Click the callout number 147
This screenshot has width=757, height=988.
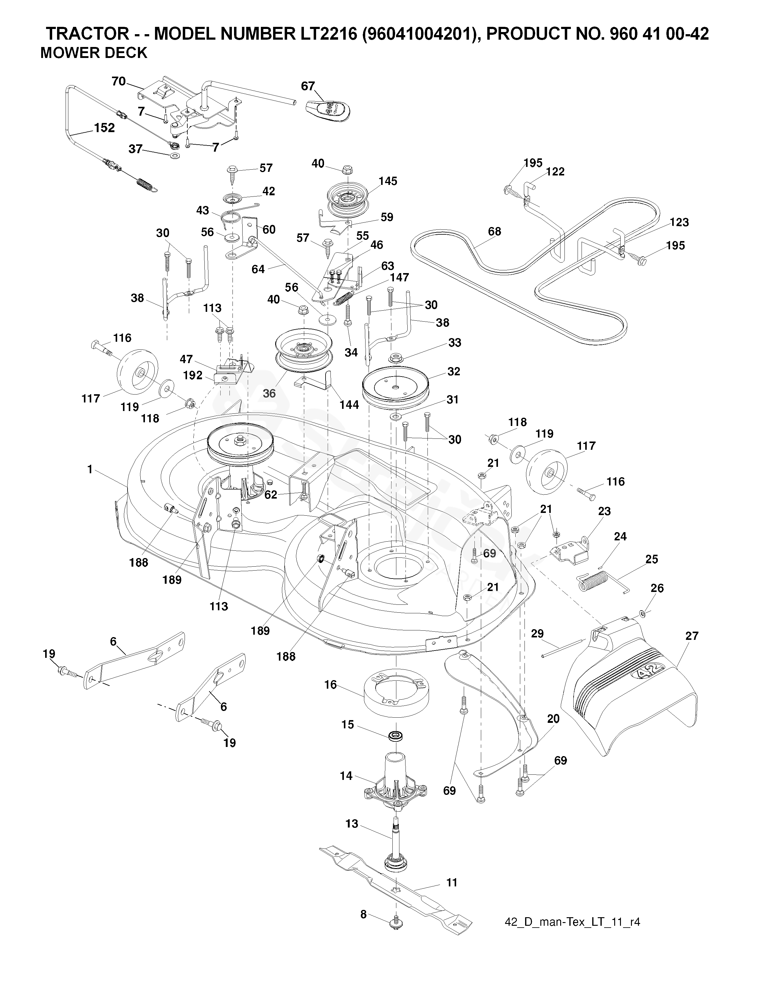click(x=399, y=278)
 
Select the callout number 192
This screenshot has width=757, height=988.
click(x=193, y=375)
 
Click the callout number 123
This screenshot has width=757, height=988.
click(x=679, y=222)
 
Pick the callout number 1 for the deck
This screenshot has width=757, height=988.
click(x=90, y=470)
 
